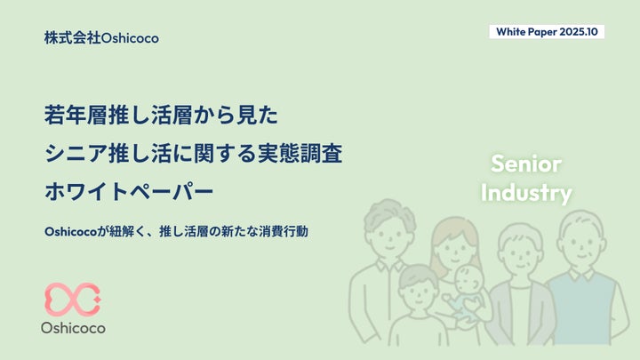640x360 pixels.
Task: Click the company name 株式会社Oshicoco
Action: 100,38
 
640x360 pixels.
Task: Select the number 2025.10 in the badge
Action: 581,31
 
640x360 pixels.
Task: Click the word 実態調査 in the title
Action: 308,152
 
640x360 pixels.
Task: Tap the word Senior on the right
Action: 526,164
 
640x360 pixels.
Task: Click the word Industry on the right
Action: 526,192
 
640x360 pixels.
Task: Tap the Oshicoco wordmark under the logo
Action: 73,328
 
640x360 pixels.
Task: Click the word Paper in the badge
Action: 544,31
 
